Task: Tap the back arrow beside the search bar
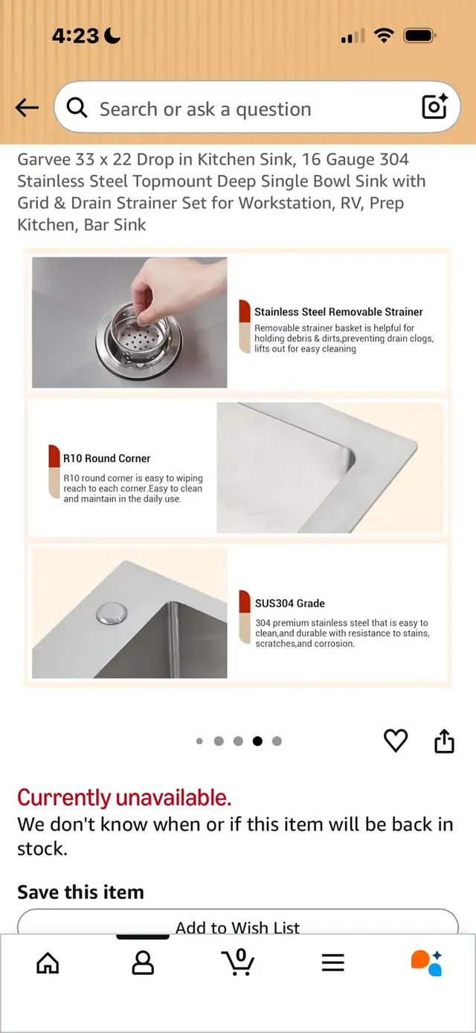point(27,108)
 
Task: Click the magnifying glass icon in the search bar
point(77,108)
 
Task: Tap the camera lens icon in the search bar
point(434,106)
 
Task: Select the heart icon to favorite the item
point(396,741)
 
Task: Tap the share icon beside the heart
point(444,741)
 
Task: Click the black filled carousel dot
point(257,741)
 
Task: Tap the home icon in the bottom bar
point(48,962)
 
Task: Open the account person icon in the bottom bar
point(143,962)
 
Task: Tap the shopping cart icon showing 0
point(238,962)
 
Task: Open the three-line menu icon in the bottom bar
point(333,962)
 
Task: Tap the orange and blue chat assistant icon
point(427,963)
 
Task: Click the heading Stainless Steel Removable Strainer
point(338,312)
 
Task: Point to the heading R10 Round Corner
point(107,458)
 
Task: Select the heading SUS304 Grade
point(290,603)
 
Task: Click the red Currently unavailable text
point(124,797)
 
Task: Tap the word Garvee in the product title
point(44,159)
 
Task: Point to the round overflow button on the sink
point(112,614)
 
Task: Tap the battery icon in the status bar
point(419,36)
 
